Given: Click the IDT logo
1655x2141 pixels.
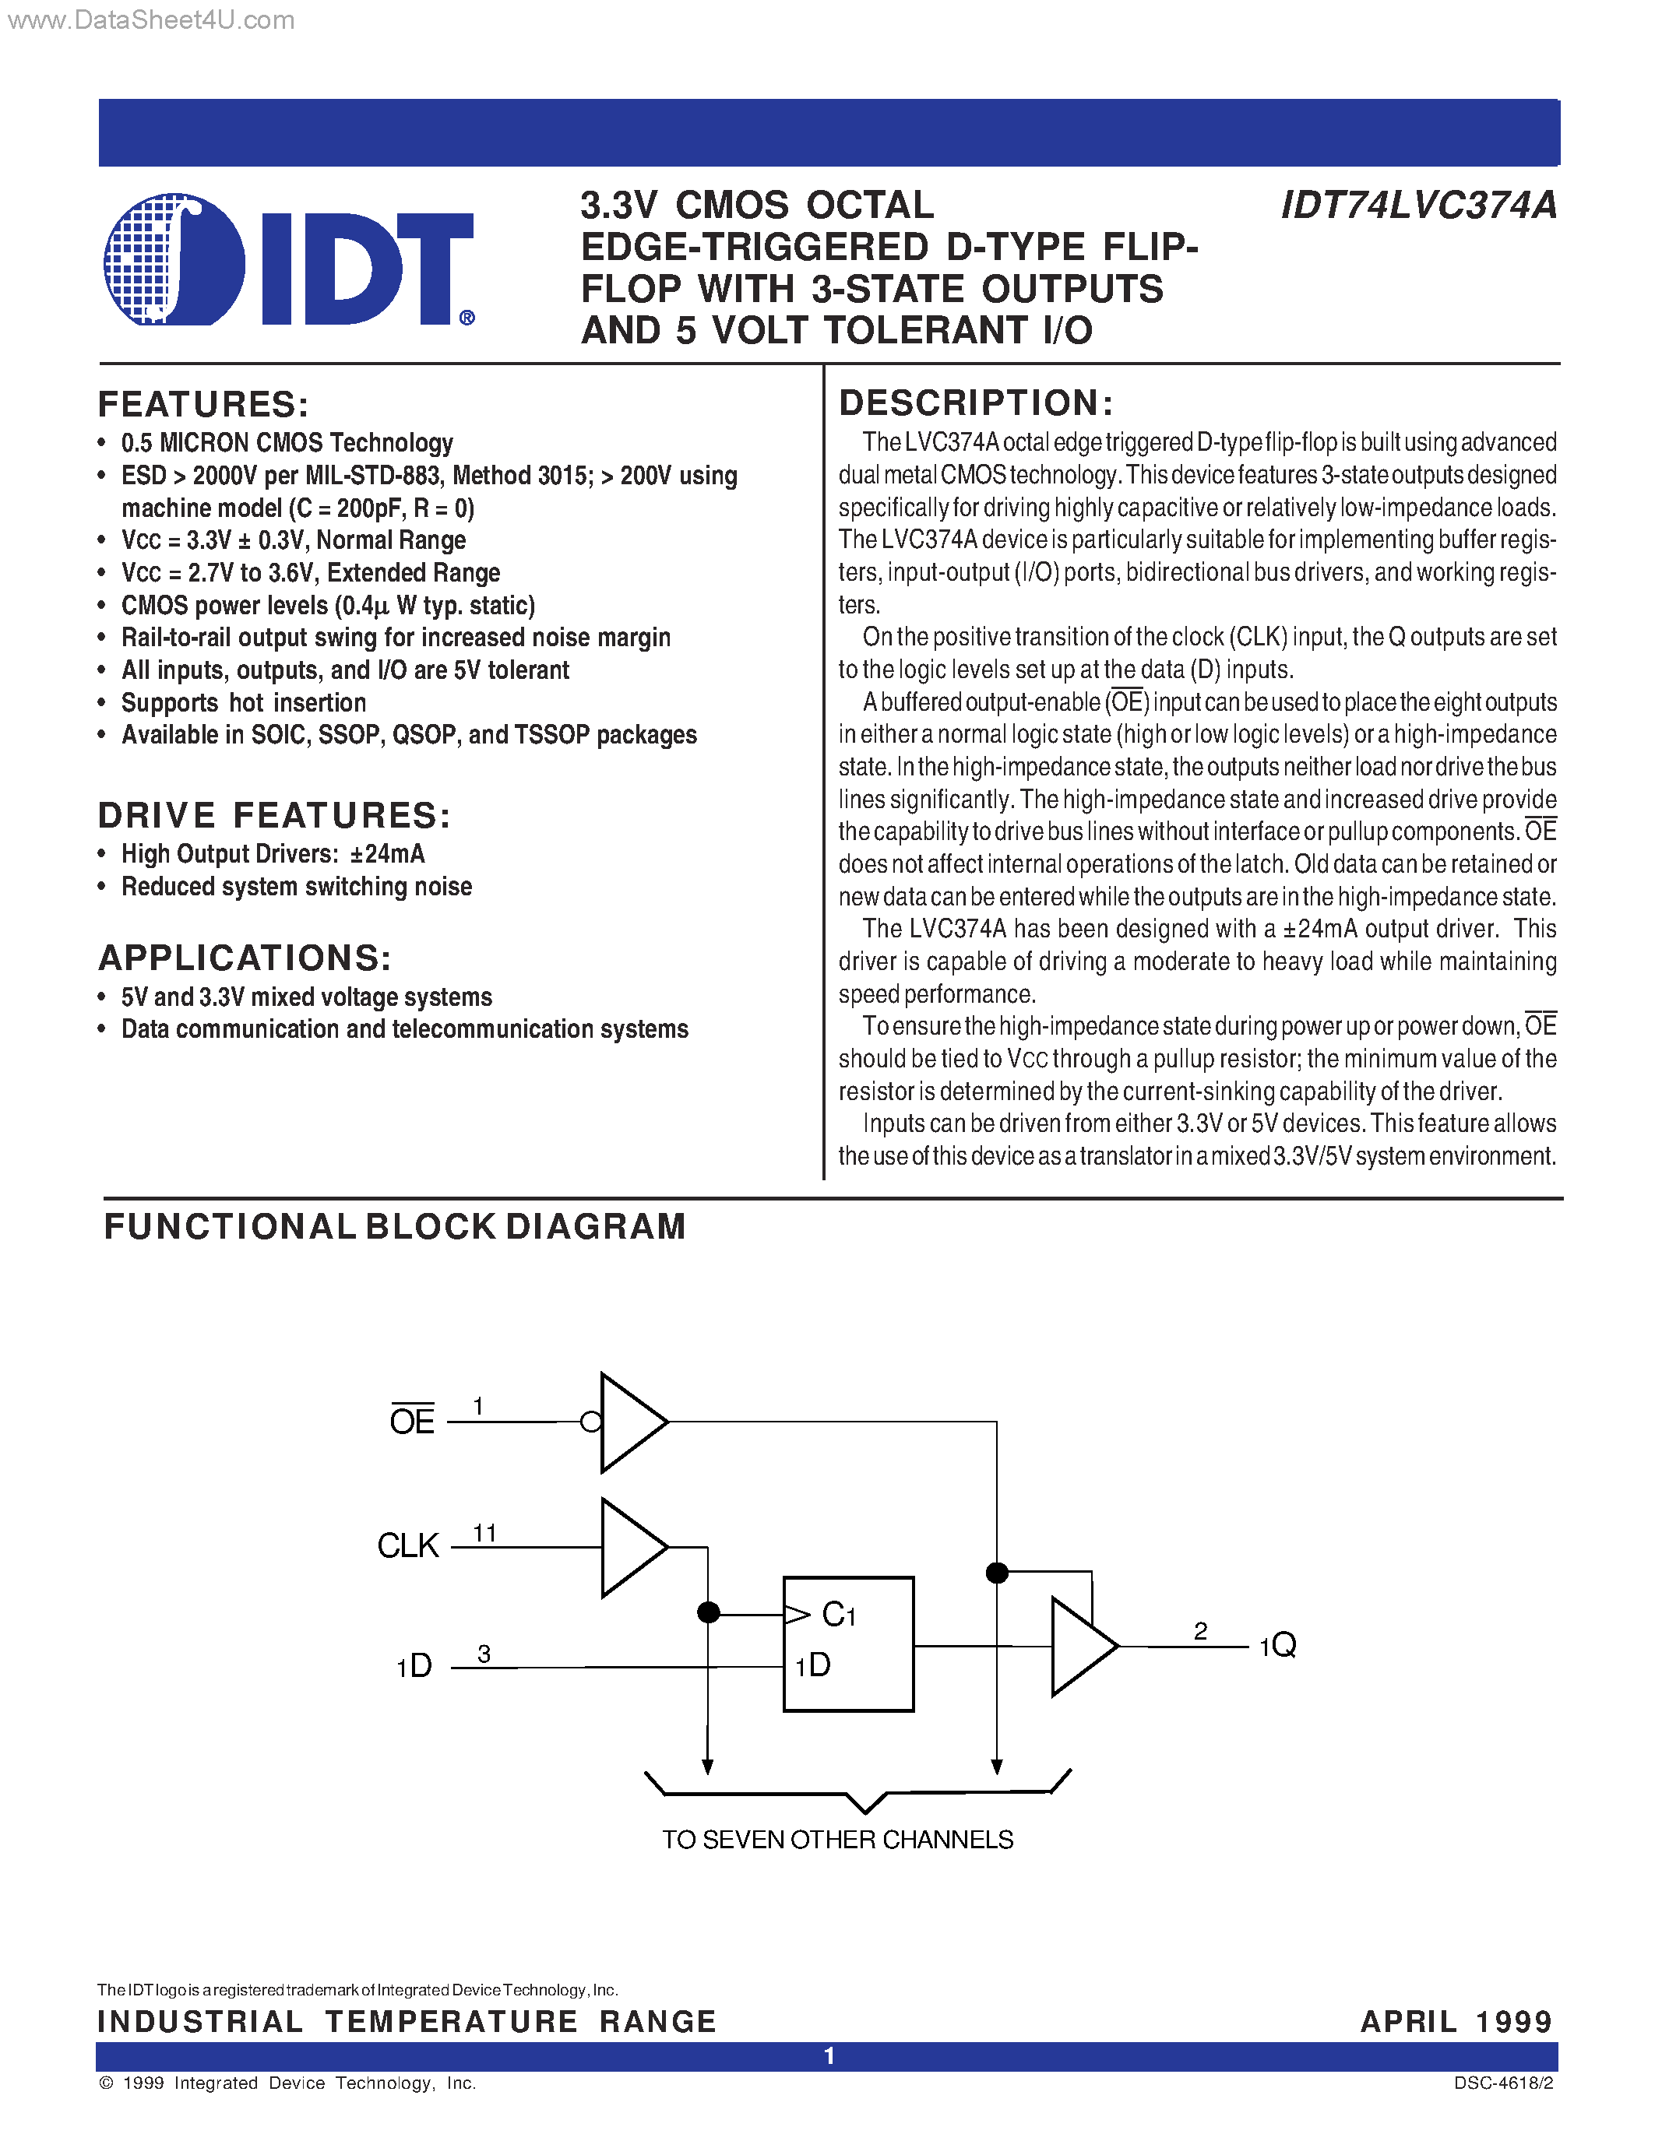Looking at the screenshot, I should (289, 261).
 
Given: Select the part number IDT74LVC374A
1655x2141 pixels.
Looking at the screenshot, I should (1419, 206).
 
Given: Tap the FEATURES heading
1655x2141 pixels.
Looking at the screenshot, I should (204, 404).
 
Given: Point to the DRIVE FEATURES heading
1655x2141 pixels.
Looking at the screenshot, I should (274, 814).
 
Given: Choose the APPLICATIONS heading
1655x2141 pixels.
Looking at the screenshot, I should (245, 958).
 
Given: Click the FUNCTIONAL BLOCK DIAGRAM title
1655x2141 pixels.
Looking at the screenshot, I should (394, 1226).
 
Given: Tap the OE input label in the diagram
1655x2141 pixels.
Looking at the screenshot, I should (412, 1422).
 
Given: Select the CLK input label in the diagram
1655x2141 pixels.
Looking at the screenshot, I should (408, 1546).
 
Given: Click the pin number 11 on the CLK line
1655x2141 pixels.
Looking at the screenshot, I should (484, 1532).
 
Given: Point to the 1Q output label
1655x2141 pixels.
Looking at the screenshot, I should (1277, 1645).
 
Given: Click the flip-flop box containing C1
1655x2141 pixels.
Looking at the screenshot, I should (848, 1644).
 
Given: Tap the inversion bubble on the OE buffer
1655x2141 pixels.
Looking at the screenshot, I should (591, 1422).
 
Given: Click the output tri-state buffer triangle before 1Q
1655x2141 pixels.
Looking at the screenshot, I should (1080, 1647).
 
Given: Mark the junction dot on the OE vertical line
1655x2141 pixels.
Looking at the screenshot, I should (997, 1573).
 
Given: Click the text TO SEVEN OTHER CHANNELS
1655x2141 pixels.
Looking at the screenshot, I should (837, 1840).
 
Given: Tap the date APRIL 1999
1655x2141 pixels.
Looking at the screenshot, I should (1456, 2021).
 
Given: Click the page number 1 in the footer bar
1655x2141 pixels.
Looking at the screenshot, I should (829, 2055).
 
